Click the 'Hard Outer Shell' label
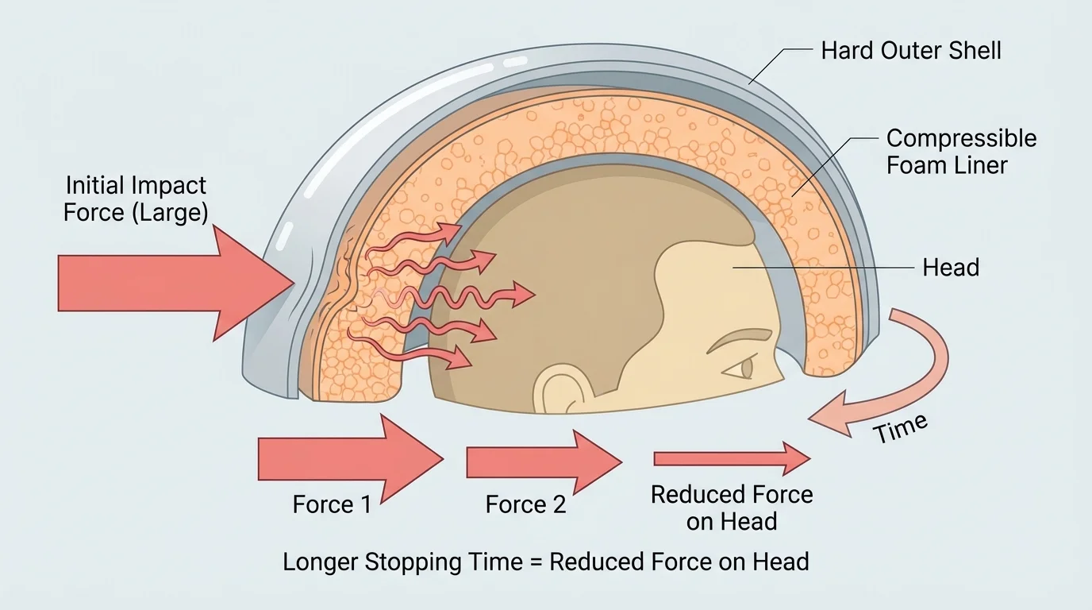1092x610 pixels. [x=910, y=51]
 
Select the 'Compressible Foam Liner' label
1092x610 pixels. [x=961, y=152]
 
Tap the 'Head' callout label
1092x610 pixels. [x=950, y=268]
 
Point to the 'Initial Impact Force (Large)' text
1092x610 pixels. [x=136, y=199]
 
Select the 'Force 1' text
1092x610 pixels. [x=332, y=505]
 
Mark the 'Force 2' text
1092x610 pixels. [x=525, y=505]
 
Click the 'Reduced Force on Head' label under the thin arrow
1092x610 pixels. [x=732, y=508]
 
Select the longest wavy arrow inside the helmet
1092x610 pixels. [x=452, y=298]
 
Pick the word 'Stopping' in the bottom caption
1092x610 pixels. [x=413, y=563]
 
